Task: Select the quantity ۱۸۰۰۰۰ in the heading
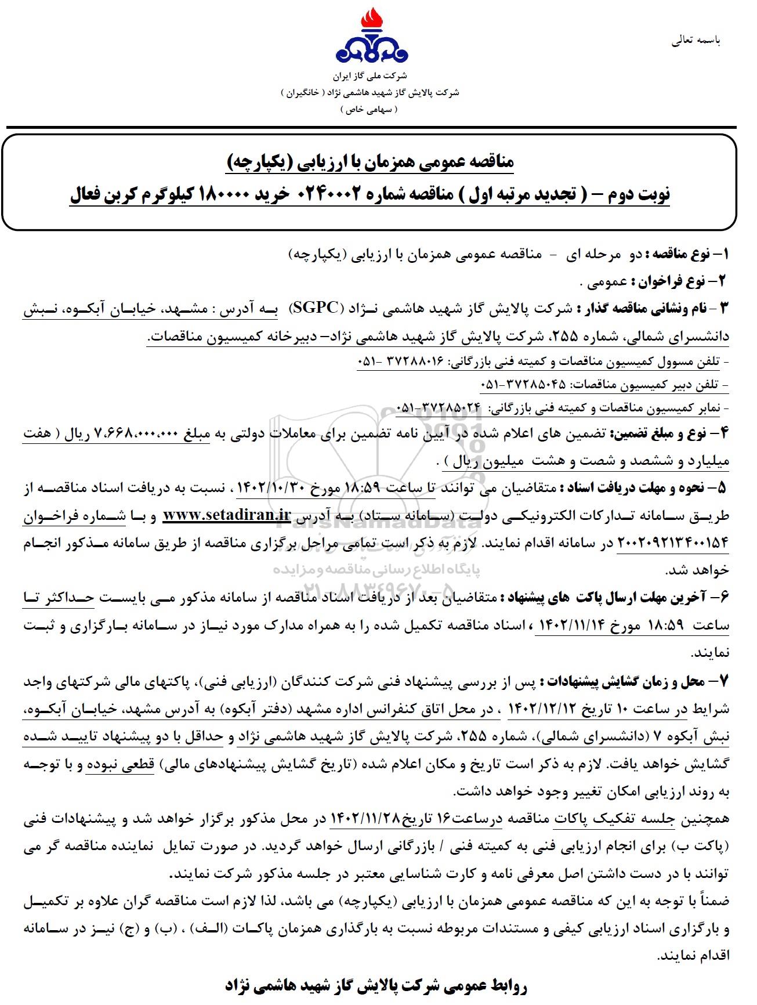(226, 194)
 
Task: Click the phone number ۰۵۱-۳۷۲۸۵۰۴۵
(523, 384)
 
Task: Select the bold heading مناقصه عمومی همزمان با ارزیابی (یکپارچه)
(370, 163)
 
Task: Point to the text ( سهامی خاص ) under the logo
(371, 109)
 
